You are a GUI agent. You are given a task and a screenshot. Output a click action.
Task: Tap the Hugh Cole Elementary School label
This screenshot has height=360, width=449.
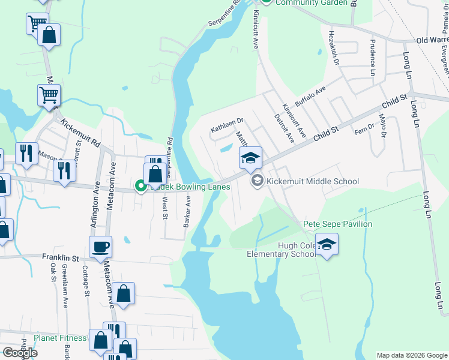[281, 250]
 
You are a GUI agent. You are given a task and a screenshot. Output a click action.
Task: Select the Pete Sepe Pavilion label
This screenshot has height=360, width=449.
[337, 224]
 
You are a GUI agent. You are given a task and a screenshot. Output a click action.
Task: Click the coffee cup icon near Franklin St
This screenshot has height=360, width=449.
[100, 246]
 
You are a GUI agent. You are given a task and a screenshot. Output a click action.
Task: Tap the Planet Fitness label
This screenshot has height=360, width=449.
[60, 338]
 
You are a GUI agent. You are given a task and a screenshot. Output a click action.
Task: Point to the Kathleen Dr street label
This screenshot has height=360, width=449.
[226, 124]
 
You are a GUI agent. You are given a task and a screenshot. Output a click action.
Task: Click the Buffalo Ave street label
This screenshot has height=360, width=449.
[310, 95]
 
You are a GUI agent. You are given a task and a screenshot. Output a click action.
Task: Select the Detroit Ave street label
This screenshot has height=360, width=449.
[284, 128]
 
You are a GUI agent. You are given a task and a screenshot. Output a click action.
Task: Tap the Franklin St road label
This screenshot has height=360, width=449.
[61, 258]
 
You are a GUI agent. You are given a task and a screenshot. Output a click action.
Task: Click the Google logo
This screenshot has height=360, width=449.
[19, 353]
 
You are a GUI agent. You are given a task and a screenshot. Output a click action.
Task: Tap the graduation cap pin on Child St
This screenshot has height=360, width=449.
[250, 158]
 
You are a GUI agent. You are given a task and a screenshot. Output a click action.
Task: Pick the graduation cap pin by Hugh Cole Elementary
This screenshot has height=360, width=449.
[327, 245]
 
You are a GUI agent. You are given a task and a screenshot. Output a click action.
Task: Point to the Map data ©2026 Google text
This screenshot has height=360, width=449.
[412, 355]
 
